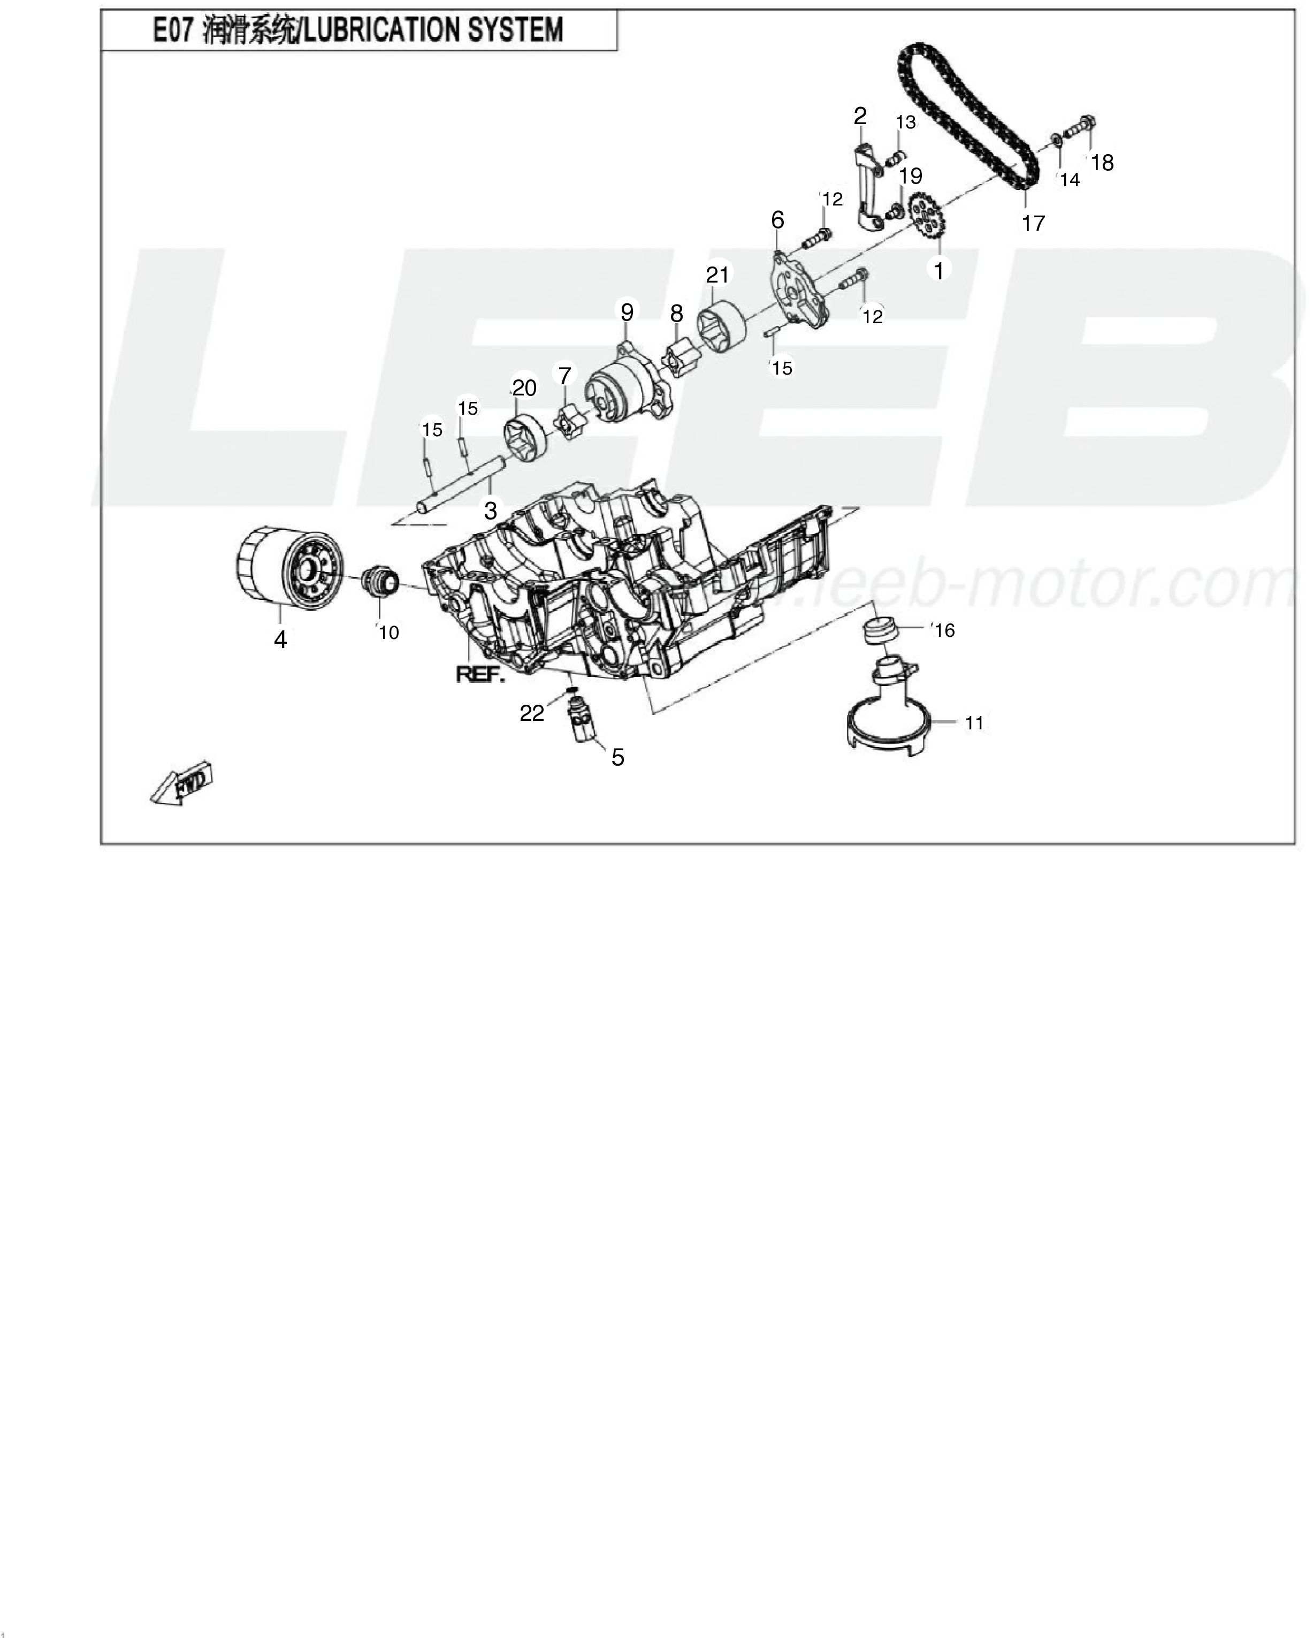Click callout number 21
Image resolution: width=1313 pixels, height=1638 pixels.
click(x=717, y=275)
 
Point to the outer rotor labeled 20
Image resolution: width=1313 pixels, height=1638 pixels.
click(x=525, y=439)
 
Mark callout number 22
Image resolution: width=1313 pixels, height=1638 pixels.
click(x=532, y=713)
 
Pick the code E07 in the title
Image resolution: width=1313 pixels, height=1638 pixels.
click(x=173, y=31)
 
